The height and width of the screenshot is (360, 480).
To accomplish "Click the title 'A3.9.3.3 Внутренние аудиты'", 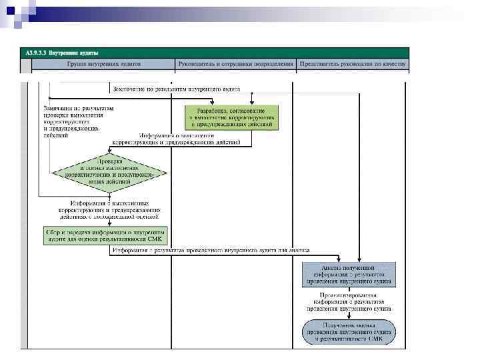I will (x=62, y=52).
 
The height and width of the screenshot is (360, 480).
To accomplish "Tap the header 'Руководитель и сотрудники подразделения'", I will (x=235, y=64).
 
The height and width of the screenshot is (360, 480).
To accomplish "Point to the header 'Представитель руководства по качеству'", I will (x=353, y=64).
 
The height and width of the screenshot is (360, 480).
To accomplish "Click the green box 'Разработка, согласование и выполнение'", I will (x=231, y=117).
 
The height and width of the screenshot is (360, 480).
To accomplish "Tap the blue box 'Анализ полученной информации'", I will (x=350, y=274).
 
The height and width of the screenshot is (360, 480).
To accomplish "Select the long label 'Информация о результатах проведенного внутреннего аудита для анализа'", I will (x=210, y=251).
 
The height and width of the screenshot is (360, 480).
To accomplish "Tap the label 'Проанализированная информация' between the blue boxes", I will (x=350, y=301).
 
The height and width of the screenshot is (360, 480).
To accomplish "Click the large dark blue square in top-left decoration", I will (x=11, y=9).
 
